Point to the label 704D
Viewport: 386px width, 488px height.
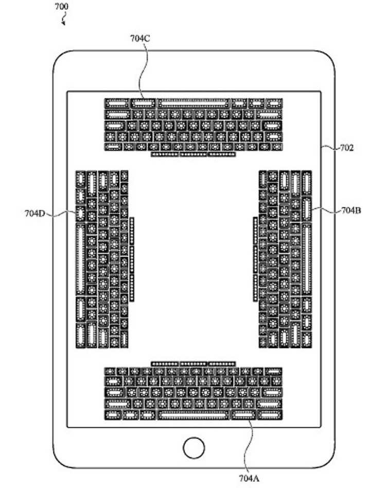pyautogui.click(x=36, y=212)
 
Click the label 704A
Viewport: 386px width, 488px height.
pyautogui.click(x=249, y=478)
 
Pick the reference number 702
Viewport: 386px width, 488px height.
pyautogui.click(x=346, y=148)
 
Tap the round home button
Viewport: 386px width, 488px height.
pyautogui.click(x=194, y=447)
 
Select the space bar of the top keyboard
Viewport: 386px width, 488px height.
pyautogui.click(x=193, y=103)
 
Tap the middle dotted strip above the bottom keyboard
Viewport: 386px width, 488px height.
pyautogui.click(x=193, y=363)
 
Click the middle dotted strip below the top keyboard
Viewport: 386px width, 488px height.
pyautogui.click(x=193, y=153)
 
